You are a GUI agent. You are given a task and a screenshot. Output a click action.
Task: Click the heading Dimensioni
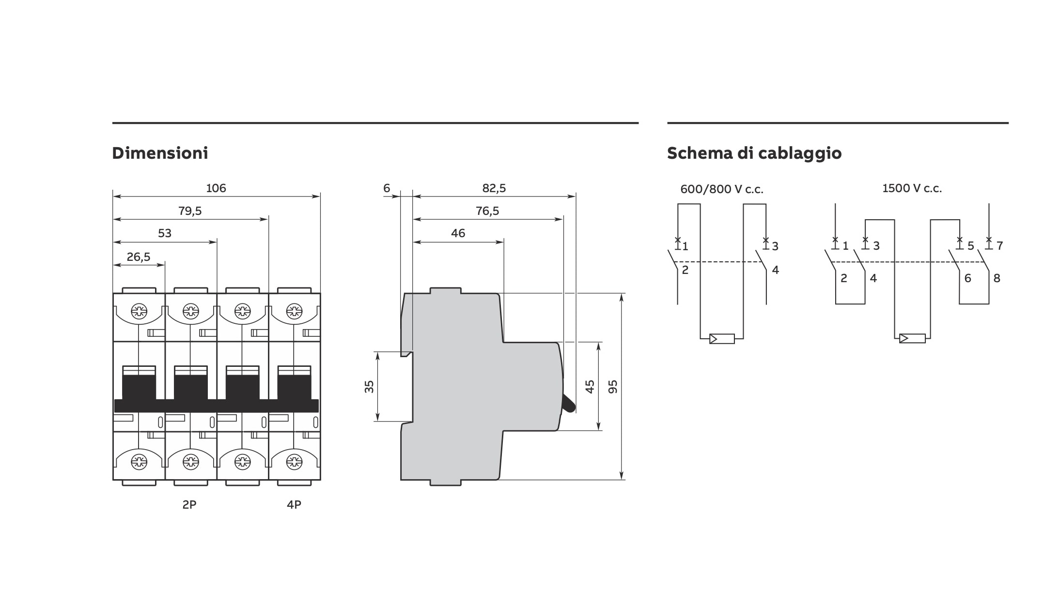coord(160,153)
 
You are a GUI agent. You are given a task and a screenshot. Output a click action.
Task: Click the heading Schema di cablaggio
coord(754,153)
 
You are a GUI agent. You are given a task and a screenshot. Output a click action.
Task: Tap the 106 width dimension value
coord(216,188)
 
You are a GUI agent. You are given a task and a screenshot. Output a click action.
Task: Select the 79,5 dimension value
coord(190,211)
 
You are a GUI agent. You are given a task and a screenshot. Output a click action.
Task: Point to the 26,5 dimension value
coord(139,257)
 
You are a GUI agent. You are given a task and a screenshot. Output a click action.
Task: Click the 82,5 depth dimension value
coord(494,188)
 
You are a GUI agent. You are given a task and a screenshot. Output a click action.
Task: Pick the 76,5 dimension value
coord(487,211)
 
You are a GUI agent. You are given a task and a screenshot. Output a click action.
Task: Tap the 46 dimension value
coord(458,233)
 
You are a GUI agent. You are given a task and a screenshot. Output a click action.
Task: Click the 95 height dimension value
coord(613,387)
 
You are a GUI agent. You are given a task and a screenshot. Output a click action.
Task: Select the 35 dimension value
coord(369,387)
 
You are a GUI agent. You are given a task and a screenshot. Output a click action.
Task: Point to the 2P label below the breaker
coord(189,505)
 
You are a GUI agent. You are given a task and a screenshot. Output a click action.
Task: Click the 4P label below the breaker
coord(294,505)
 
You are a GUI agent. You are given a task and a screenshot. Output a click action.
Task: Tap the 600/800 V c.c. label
coord(721,189)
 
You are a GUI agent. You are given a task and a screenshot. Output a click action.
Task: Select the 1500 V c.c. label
coord(912,188)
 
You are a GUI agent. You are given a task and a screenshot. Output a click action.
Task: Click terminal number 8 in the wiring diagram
coord(997,278)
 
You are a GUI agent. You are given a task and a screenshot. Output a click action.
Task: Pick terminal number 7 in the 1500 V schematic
coord(999,246)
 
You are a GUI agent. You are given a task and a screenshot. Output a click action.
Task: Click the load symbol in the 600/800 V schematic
coord(722,339)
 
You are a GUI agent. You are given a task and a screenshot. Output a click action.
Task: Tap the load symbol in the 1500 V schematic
coord(912,338)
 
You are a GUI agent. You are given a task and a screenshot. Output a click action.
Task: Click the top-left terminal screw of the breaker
coord(139,311)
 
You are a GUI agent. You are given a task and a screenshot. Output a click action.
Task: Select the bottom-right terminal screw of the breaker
coord(294,462)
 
